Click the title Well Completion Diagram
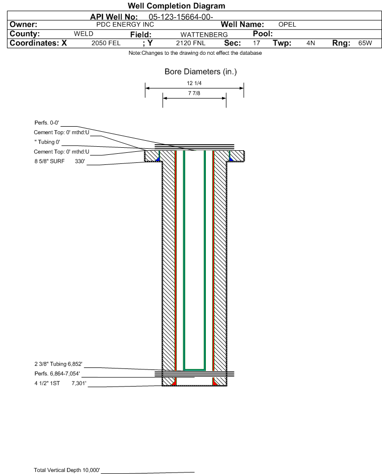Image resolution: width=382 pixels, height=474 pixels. click(177, 6)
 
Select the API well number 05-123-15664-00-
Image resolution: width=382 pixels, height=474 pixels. click(181, 17)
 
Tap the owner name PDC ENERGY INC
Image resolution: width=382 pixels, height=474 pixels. click(125, 25)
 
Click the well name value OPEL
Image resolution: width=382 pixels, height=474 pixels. click(287, 25)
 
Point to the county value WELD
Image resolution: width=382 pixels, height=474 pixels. click(84, 34)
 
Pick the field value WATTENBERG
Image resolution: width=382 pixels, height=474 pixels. click(204, 35)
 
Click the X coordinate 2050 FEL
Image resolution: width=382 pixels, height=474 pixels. click(106, 43)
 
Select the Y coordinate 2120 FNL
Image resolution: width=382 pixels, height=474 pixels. click(191, 43)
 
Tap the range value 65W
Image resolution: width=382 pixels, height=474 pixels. click(365, 43)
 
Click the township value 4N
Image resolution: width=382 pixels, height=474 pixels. click(311, 43)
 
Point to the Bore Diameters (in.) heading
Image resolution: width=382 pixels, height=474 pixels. click(201, 72)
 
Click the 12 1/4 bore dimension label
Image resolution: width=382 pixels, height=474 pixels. click(194, 83)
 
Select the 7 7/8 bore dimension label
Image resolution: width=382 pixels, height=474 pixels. click(194, 93)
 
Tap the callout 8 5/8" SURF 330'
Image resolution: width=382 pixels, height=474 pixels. click(59, 161)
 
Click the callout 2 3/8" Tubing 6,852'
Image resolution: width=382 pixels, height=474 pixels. click(58, 364)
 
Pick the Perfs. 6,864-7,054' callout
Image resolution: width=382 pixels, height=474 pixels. click(57, 373)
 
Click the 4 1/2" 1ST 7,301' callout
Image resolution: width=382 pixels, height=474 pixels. click(60, 384)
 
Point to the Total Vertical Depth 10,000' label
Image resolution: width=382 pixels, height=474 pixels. click(67, 470)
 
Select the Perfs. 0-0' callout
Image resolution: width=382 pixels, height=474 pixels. click(47, 123)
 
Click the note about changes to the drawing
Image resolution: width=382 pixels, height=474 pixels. click(195, 53)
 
